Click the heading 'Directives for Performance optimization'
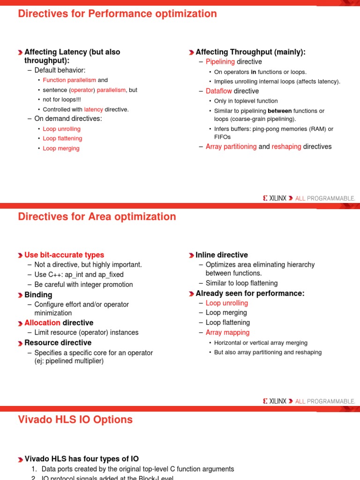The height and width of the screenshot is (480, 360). [117, 14]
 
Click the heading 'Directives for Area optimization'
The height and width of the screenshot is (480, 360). [97, 217]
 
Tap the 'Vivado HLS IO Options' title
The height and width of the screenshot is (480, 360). [75, 420]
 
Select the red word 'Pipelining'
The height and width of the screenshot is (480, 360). [220, 62]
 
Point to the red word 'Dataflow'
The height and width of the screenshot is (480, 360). [218, 91]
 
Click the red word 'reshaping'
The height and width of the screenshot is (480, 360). [286, 147]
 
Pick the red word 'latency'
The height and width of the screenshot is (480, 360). [93, 109]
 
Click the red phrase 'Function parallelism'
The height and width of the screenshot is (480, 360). [69, 80]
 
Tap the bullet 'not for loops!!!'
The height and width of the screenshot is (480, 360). [62, 99]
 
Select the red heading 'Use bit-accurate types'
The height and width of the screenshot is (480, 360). [64, 255]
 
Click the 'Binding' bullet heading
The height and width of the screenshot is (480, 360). [38, 295]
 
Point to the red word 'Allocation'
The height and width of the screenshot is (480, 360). [42, 322]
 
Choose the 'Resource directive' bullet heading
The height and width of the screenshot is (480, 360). [58, 343]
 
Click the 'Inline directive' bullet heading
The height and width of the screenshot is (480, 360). [222, 255]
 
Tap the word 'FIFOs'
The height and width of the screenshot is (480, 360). [222, 137]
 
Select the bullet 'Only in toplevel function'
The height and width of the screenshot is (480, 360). [246, 101]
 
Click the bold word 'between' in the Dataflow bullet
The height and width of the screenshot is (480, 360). [279, 111]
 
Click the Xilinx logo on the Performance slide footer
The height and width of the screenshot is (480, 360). [275, 198]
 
